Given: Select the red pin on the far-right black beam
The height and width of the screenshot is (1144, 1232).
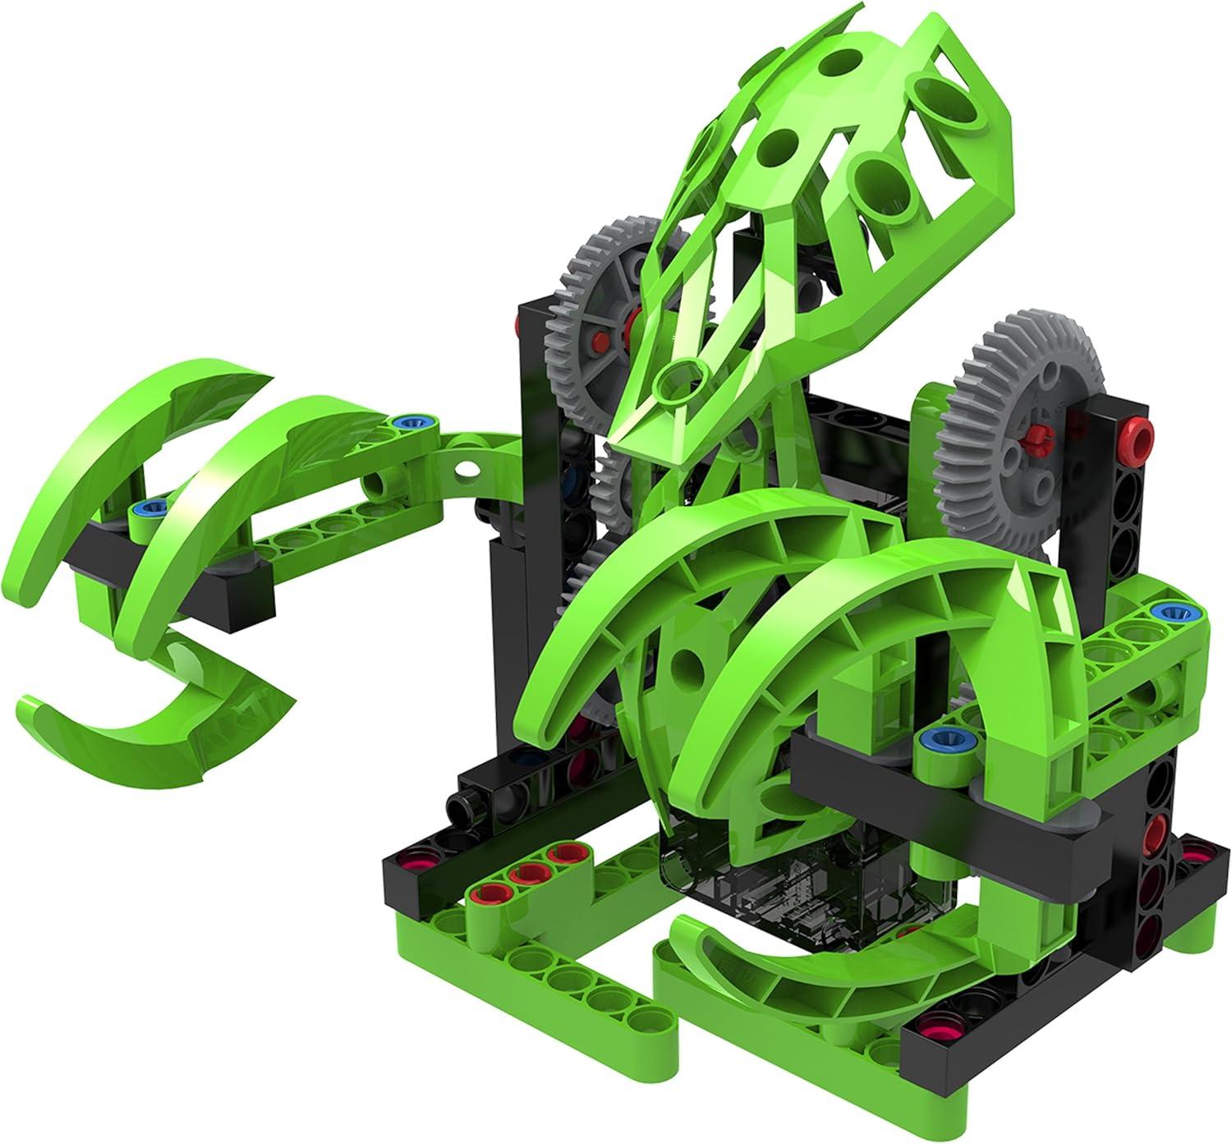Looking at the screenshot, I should click(x=1138, y=429).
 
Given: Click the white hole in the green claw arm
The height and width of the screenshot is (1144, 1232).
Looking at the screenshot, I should click(x=468, y=468).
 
